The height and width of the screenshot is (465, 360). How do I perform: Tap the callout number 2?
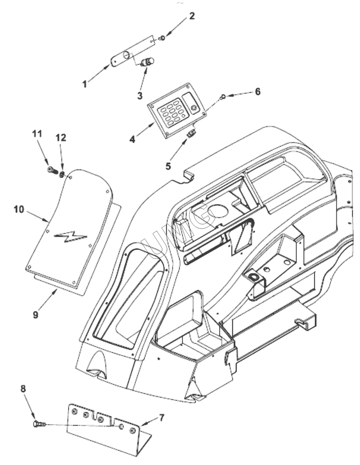pos(192,16)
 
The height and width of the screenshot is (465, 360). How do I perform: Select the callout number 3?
pos(140,95)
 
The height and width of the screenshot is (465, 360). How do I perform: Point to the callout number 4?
pos(132,139)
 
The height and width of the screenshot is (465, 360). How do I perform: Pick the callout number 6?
pos(257,92)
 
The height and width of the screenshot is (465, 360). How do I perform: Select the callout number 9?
pos(35,314)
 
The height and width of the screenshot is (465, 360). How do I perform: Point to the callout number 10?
pos(19,209)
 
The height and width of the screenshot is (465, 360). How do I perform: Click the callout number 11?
pos(39,133)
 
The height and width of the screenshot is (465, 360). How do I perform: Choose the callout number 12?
pos(61,138)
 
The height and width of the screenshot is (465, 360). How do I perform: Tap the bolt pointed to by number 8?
pos(38,424)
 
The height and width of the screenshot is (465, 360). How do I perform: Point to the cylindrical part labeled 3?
pos(146,62)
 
